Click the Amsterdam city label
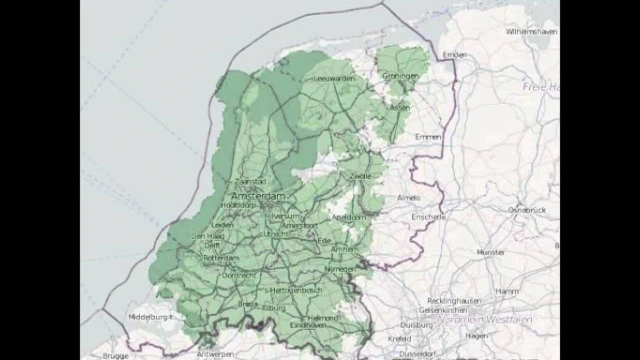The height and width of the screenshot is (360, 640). (258, 196)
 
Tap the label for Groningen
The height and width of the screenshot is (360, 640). (401, 76)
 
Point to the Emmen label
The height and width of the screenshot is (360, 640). (428, 137)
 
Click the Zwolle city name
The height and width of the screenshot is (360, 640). (361, 176)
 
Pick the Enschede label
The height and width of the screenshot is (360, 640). (428, 217)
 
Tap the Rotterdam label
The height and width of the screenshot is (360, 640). (221, 258)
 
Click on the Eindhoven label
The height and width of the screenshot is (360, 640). (308, 325)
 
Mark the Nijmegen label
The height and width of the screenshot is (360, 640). (340, 269)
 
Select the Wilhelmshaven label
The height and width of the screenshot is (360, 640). (531, 31)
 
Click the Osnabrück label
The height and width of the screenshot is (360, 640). (527, 210)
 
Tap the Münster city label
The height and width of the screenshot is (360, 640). (491, 252)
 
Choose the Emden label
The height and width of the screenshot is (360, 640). (454, 55)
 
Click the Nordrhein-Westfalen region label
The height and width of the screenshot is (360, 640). (485, 319)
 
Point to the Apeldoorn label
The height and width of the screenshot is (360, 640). (349, 217)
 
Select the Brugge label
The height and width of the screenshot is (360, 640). (116, 356)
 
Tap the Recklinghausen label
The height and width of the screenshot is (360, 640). (454, 301)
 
